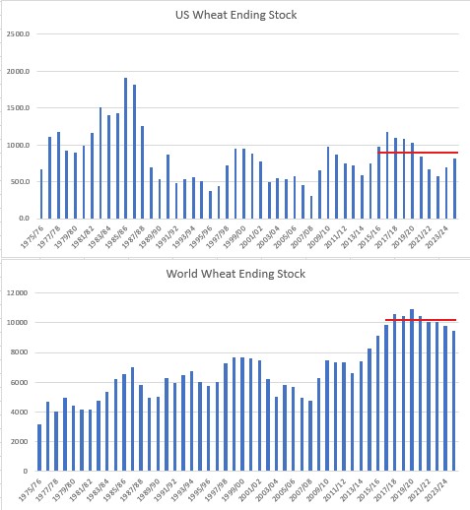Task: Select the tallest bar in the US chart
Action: (x=125, y=148)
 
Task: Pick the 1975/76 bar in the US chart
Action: (x=41, y=193)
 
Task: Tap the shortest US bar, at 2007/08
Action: (x=311, y=207)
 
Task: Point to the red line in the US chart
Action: (x=418, y=153)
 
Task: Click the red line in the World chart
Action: (x=420, y=320)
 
